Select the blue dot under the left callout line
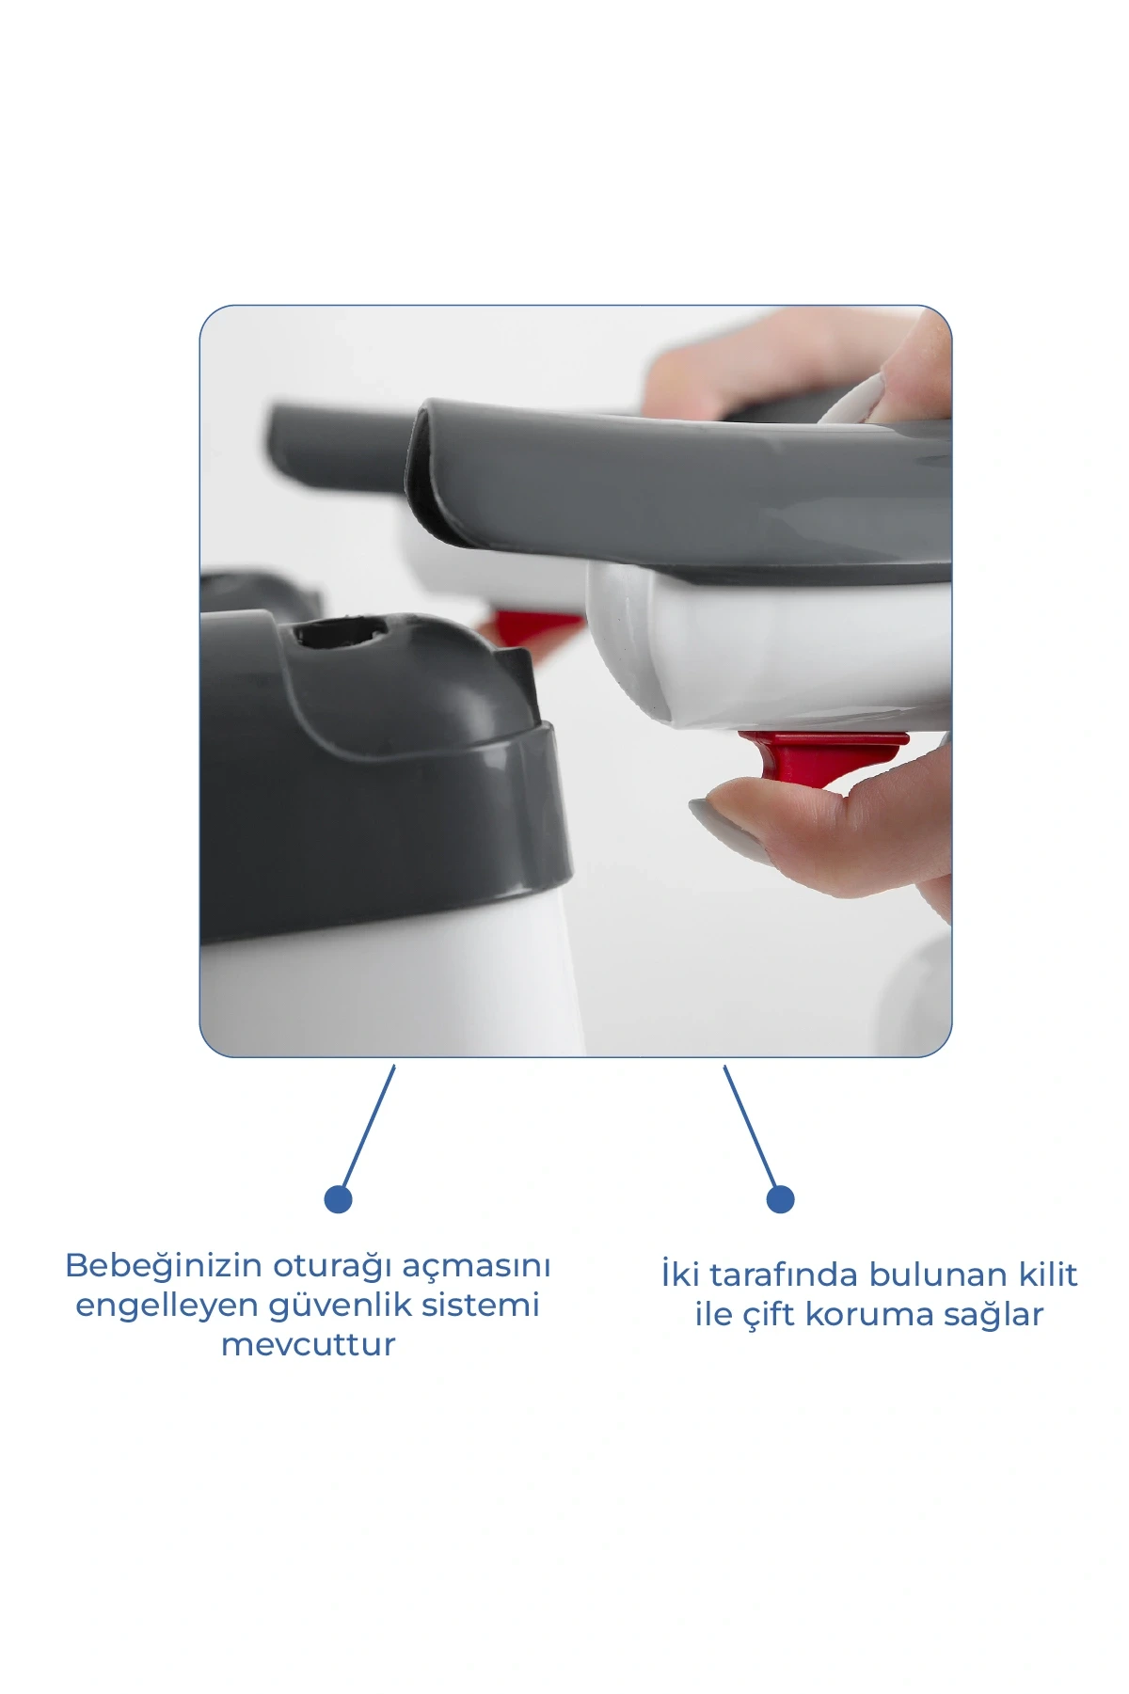338,1199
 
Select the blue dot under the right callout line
780,1199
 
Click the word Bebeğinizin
164,1266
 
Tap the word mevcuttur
308,1345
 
